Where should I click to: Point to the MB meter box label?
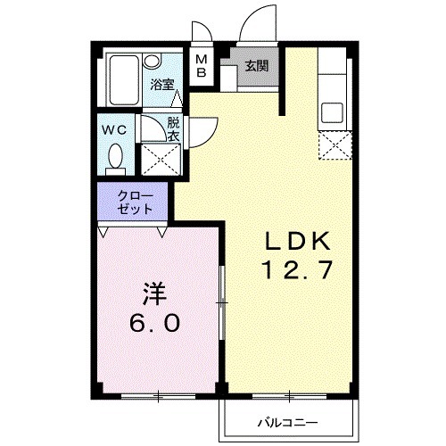point(201,66)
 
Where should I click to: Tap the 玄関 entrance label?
point(257,65)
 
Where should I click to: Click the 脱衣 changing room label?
point(172,128)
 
